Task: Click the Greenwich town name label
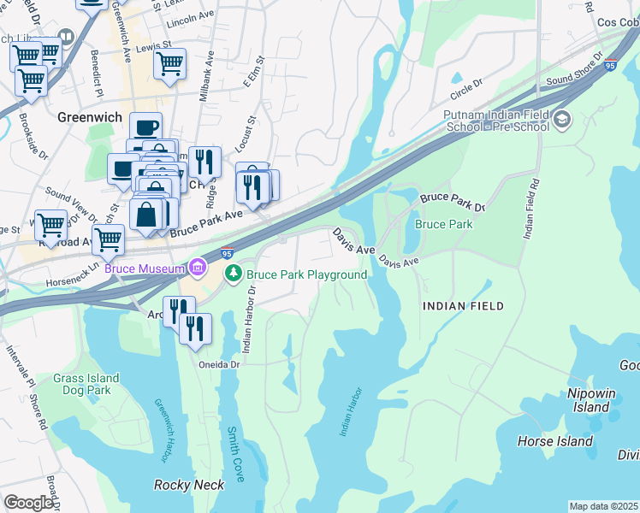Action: point(90,117)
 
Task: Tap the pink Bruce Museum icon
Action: point(198,268)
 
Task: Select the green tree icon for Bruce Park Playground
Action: point(233,274)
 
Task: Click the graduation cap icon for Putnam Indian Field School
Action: point(561,119)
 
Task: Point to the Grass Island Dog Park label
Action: point(82,384)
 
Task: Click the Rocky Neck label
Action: point(189,485)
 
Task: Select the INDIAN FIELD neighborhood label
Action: point(462,305)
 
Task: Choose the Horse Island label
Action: point(554,441)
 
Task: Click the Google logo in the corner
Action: point(28,503)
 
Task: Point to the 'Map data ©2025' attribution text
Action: point(602,506)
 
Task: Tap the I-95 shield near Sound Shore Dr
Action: point(609,65)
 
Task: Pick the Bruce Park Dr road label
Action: point(452,203)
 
